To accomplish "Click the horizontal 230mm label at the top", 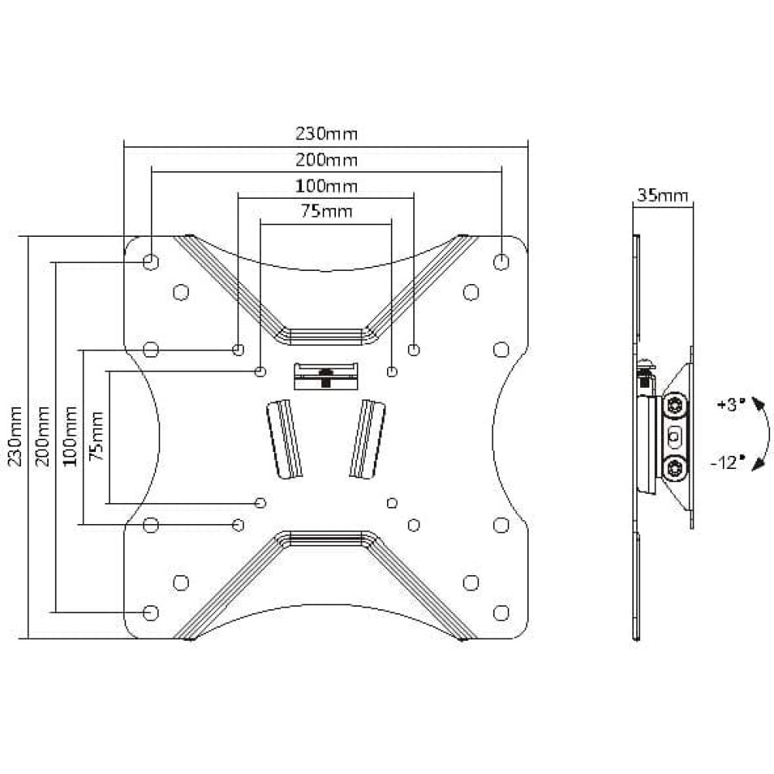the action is coord(327,133).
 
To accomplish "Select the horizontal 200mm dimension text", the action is coord(327,159).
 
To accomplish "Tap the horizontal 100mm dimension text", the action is coord(327,186).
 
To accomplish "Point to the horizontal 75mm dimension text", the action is coord(327,211).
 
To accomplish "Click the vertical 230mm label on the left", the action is coord(15,436).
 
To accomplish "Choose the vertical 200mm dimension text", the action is coord(43,436).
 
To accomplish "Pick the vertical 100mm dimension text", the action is coord(70,436).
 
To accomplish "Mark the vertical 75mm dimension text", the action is coord(96,436).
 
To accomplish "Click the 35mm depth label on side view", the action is coord(663,196).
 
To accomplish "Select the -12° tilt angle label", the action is coord(724,463).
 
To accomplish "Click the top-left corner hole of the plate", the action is coord(151,261).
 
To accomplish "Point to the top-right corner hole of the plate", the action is coord(501,261).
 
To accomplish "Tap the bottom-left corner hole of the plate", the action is coord(151,612).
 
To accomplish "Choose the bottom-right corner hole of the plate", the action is coord(501,612).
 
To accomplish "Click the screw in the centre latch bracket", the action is coord(325,377).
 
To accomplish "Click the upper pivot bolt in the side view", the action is coord(674,406).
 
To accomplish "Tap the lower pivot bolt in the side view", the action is coord(674,468).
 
